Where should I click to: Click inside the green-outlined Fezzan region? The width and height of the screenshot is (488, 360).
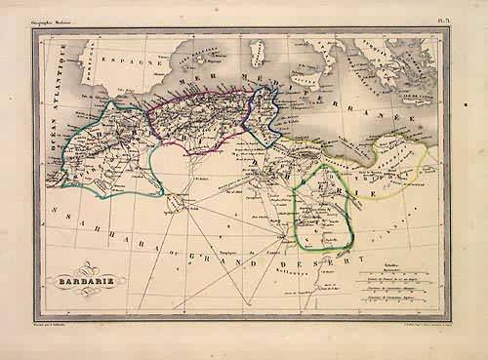(x=325, y=210)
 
